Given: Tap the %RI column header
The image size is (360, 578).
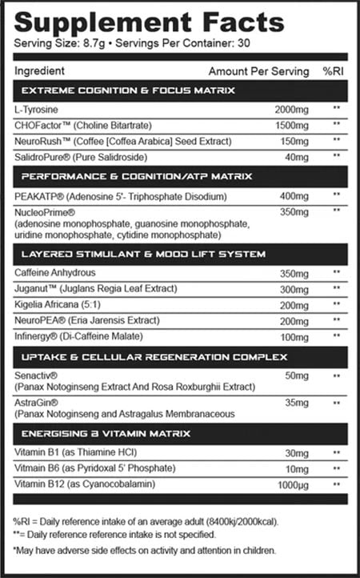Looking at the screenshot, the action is [333, 71].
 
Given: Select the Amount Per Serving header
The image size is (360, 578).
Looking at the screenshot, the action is [258, 71].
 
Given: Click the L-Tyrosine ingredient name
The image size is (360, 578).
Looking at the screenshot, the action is [37, 109].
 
